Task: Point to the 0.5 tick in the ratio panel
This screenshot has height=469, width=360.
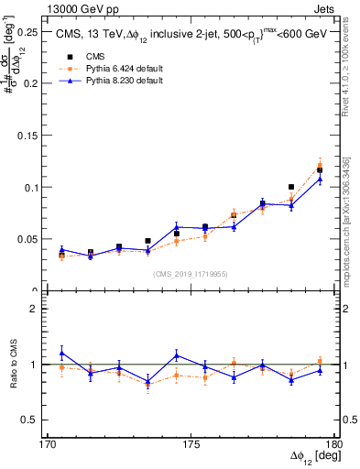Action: click(32, 420)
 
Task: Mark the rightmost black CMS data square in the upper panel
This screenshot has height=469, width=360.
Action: click(320, 170)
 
